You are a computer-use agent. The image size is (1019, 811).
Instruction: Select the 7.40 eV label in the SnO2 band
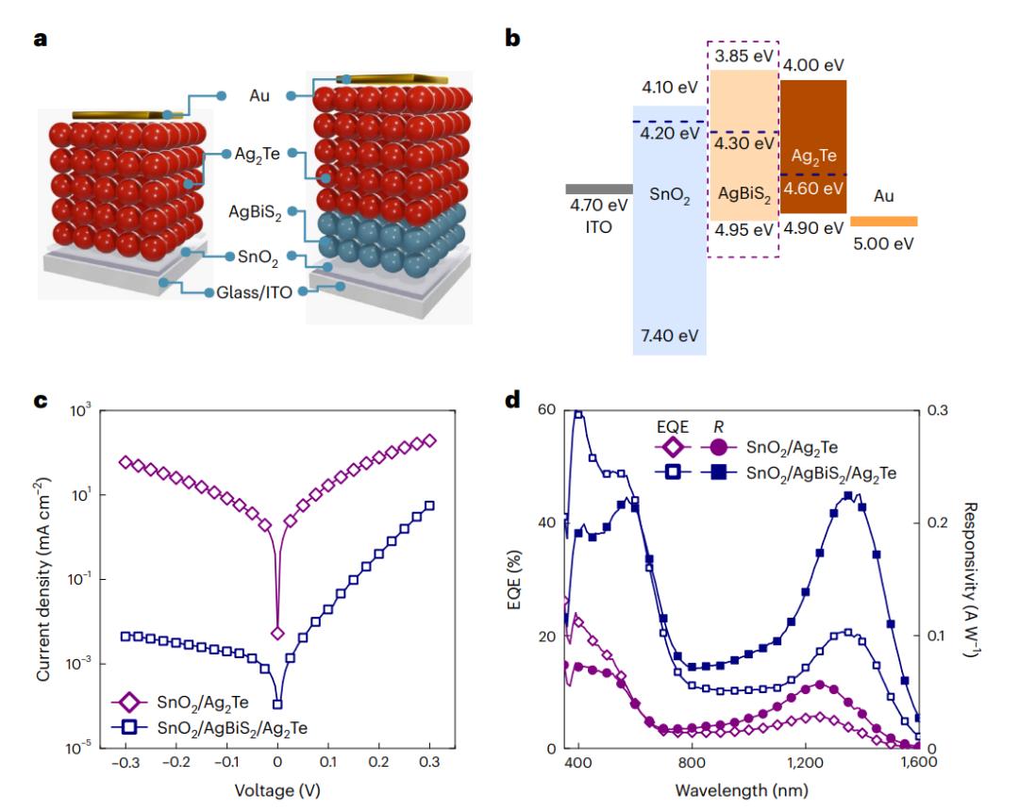669,337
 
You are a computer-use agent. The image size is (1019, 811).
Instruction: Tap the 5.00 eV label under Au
884,241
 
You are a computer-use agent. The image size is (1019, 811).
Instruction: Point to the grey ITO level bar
598,189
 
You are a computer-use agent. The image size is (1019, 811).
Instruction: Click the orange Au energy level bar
883,221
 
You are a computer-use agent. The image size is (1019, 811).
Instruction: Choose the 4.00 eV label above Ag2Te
813,65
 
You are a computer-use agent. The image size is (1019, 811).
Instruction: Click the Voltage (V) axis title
277,791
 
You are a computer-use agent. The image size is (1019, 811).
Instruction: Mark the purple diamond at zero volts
277,633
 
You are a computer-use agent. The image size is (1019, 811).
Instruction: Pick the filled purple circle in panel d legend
719,445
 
